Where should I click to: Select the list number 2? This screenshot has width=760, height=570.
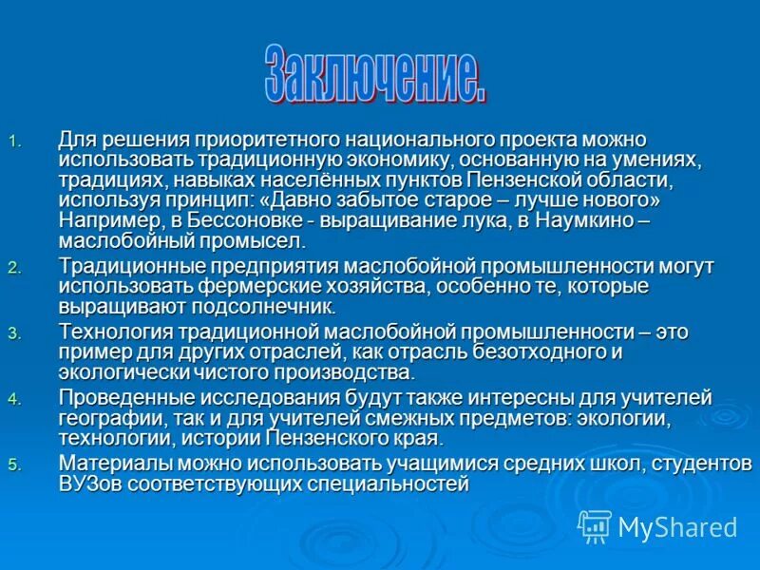[x=13, y=269]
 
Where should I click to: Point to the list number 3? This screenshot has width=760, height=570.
[x=13, y=333]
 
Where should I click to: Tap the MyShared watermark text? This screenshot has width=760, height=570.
[x=677, y=527]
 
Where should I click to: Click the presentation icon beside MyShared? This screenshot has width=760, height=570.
[x=594, y=525]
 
